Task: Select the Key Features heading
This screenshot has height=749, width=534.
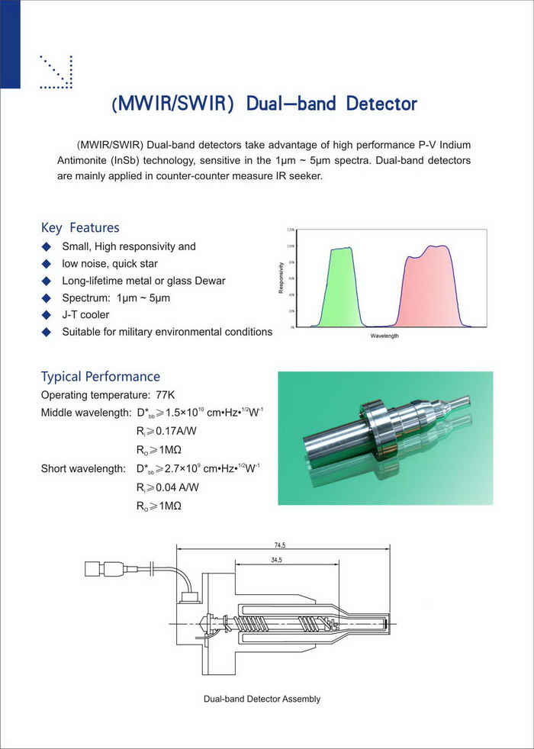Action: point(80,227)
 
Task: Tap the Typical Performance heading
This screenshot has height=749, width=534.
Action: point(101,376)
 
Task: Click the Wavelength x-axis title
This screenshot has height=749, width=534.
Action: point(384,336)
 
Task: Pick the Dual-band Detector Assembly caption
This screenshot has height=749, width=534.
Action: point(262,699)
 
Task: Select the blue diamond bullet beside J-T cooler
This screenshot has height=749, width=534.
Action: point(47,315)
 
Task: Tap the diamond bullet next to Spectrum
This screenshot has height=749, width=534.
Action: point(47,298)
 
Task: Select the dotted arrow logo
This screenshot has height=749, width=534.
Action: point(56,72)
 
